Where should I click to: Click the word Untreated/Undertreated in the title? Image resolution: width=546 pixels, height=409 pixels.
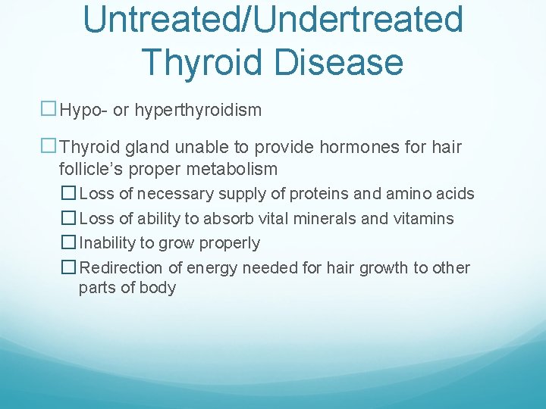coord(273,19)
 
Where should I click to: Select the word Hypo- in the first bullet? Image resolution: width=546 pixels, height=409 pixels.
coord(83,111)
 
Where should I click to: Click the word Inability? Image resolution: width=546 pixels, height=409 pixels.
coord(108,243)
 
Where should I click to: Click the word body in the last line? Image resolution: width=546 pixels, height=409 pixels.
coord(158,288)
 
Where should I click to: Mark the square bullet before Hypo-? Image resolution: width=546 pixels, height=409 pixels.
coord(49,111)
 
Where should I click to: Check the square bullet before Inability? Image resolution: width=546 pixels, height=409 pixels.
coord(69,243)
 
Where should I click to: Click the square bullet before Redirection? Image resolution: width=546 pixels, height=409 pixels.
coord(69,268)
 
